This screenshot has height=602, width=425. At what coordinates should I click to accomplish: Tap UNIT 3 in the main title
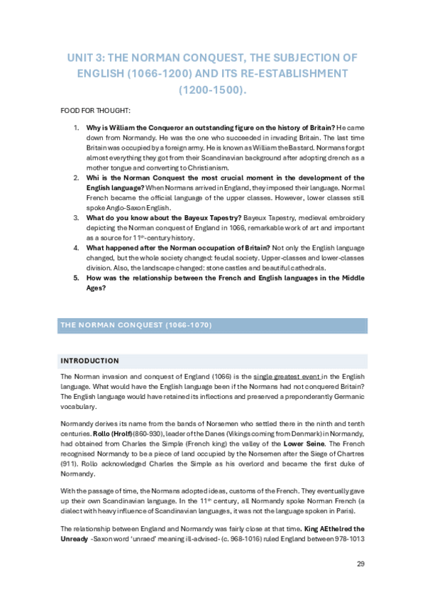pyautogui.click(x=87, y=57)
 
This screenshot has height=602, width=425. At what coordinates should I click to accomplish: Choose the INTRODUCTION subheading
pyautogui.click(x=90, y=361)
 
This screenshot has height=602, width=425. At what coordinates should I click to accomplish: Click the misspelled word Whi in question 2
pyautogui.click(x=92, y=177)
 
